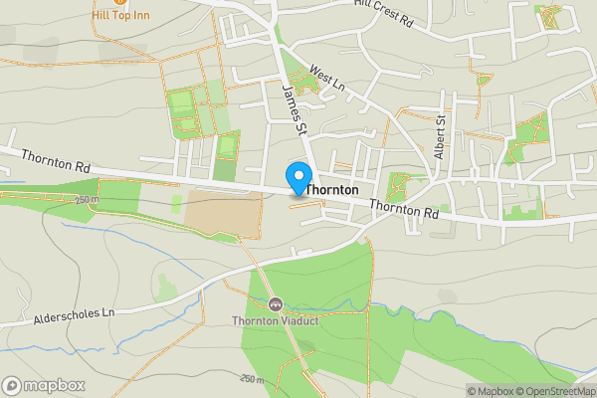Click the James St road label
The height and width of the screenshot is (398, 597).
[x=295, y=109]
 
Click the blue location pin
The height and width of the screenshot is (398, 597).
[x=298, y=178]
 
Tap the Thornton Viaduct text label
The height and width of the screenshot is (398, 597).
[x=275, y=320]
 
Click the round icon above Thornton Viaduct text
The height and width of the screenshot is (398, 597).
[x=275, y=303]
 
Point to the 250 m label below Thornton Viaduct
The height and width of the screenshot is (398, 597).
[x=254, y=379]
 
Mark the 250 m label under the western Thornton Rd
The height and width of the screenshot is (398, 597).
[x=88, y=200]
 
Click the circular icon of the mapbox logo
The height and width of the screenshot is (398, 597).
[x=13, y=385]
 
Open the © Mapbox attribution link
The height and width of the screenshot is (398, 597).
[x=490, y=391]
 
